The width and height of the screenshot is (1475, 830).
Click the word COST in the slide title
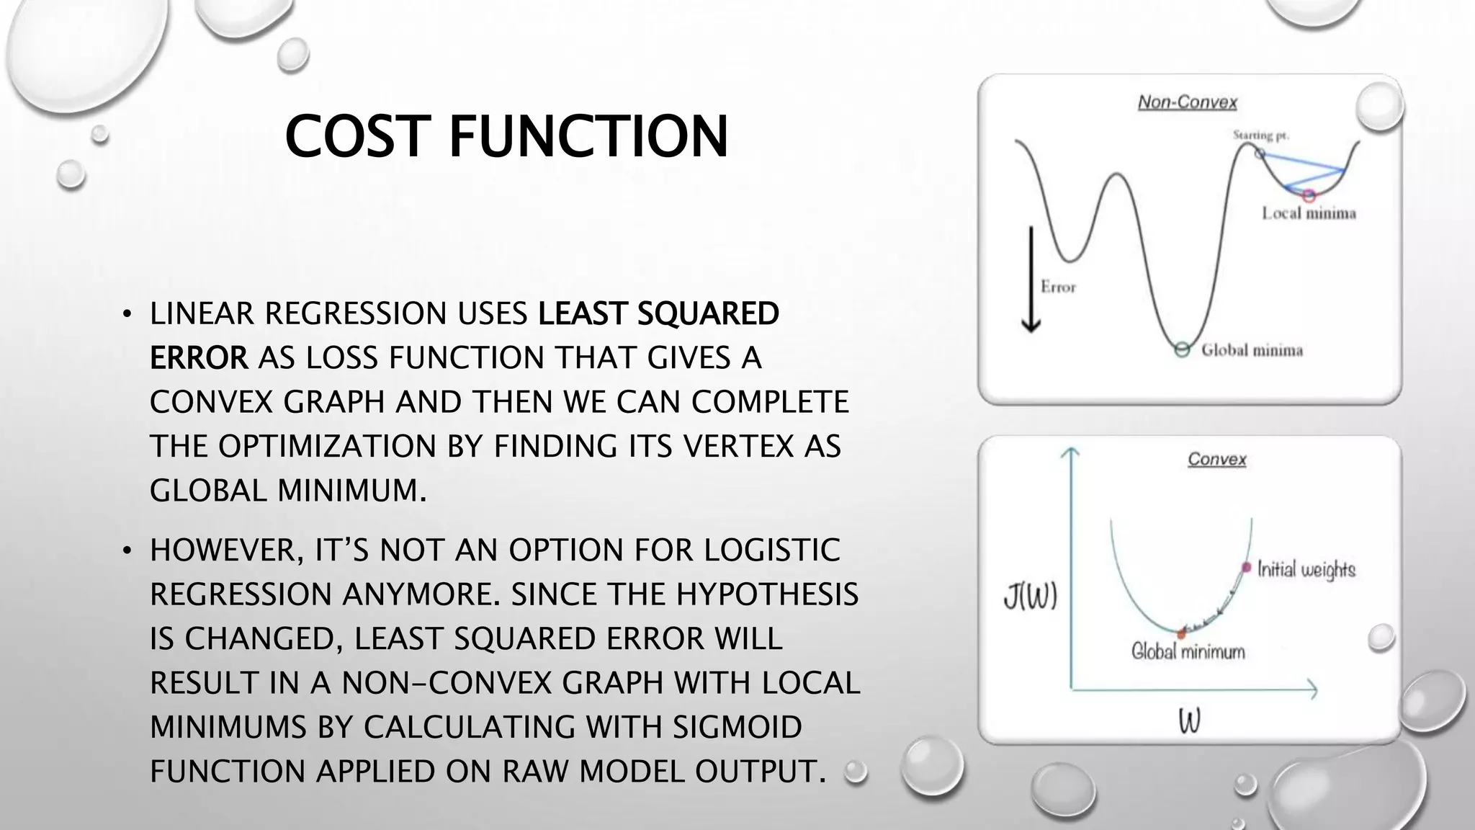[354, 136]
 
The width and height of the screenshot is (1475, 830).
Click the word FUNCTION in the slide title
[589, 136]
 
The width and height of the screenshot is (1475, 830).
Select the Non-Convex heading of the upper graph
[1187, 102]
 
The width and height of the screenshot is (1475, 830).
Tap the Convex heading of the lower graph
[1216, 459]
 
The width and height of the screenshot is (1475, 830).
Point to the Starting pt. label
[1260, 135]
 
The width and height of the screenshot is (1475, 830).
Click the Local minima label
[1309, 213]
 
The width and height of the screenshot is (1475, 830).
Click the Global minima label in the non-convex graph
[1252, 351]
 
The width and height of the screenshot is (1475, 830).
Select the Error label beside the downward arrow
[1058, 287]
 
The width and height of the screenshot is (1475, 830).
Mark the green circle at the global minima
[1181, 350]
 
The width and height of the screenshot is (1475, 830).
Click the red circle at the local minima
[1309, 195]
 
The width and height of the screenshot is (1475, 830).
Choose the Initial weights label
[1306, 570]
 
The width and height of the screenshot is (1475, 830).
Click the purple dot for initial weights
[1247, 568]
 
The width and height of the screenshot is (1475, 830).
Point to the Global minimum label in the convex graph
[1188, 652]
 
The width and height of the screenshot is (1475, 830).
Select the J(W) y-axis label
[1031, 597]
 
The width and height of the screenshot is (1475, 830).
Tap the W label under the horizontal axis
[1189, 721]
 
